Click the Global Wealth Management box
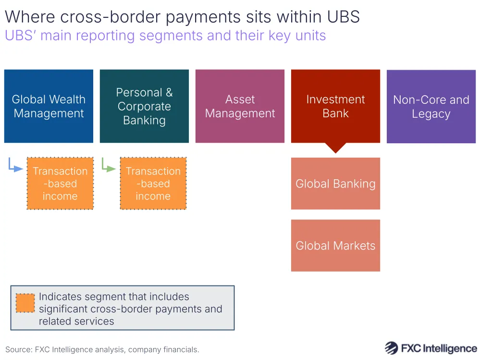tap(49, 106)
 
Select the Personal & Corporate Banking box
tap(144, 106)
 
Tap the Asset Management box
tap(240, 106)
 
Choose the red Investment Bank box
tap(335, 106)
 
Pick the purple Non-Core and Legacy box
tap(431, 106)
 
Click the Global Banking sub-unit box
tap(335, 184)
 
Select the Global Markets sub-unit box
tap(335, 246)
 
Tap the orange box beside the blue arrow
tap(60, 184)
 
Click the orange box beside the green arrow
tap(153, 184)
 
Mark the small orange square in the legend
tap(25, 303)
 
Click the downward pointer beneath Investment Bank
tap(335, 147)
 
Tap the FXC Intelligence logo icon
tap(391, 348)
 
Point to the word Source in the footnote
tap(17, 349)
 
